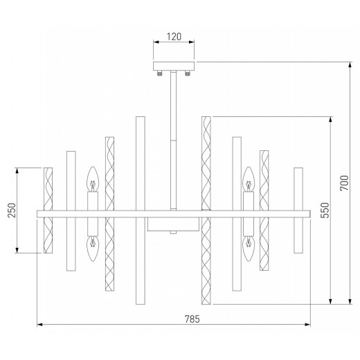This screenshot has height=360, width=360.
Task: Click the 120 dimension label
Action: (x=174, y=37)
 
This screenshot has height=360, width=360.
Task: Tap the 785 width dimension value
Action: (x=192, y=319)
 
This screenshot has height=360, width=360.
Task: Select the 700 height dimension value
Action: (x=344, y=183)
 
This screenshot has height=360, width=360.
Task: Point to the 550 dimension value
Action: (x=325, y=210)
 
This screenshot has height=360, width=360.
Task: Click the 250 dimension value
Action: (x=12, y=210)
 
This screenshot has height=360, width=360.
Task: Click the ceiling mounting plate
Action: (x=174, y=66)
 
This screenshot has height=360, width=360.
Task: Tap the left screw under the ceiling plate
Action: (x=160, y=73)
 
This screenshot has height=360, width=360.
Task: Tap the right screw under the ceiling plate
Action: (x=188, y=73)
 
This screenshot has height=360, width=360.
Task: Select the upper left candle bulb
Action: (x=93, y=179)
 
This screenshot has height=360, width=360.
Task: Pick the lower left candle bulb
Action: (x=93, y=249)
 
